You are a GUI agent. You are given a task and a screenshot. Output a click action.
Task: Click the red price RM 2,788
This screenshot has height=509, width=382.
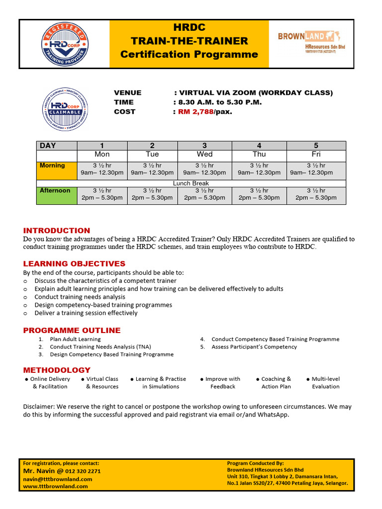pyautogui.click(x=195, y=111)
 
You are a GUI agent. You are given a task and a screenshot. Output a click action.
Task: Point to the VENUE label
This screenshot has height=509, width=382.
pyautogui.click(x=127, y=92)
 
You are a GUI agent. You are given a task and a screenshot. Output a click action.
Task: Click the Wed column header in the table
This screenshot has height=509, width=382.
pyautogui.click(x=204, y=155)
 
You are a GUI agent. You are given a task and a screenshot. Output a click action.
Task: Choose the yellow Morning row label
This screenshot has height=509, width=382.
pyautogui.click(x=56, y=170)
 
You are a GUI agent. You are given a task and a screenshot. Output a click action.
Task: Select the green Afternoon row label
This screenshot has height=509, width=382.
pyautogui.click(x=56, y=194)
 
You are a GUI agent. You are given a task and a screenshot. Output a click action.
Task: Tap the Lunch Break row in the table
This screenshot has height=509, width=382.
pyautogui.click(x=191, y=183)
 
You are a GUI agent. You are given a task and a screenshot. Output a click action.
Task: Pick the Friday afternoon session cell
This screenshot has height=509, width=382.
pyautogui.click(x=316, y=194)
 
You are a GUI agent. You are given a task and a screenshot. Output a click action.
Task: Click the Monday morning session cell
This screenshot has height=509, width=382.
pyautogui.click(x=102, y=170)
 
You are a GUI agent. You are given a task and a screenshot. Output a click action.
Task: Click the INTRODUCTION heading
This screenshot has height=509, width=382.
pyautogui.click(x=57, y=231)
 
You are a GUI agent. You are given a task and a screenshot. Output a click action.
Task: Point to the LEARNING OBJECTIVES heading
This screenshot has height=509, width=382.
pyautogui.click(x=74, y=263)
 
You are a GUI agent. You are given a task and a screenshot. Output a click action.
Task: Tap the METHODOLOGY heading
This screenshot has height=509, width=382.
pyautogui.click(x=57, y=370)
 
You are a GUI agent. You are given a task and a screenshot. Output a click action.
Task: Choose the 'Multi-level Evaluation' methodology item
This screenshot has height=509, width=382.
pyautogui.click(x=325, y=382)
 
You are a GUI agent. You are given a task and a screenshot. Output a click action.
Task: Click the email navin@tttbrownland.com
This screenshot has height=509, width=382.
pyautogui.click(x=58, y=479)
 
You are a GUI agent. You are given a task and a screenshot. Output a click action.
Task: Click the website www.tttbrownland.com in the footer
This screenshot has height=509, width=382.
pyautogui.click(x=55, y=486)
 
